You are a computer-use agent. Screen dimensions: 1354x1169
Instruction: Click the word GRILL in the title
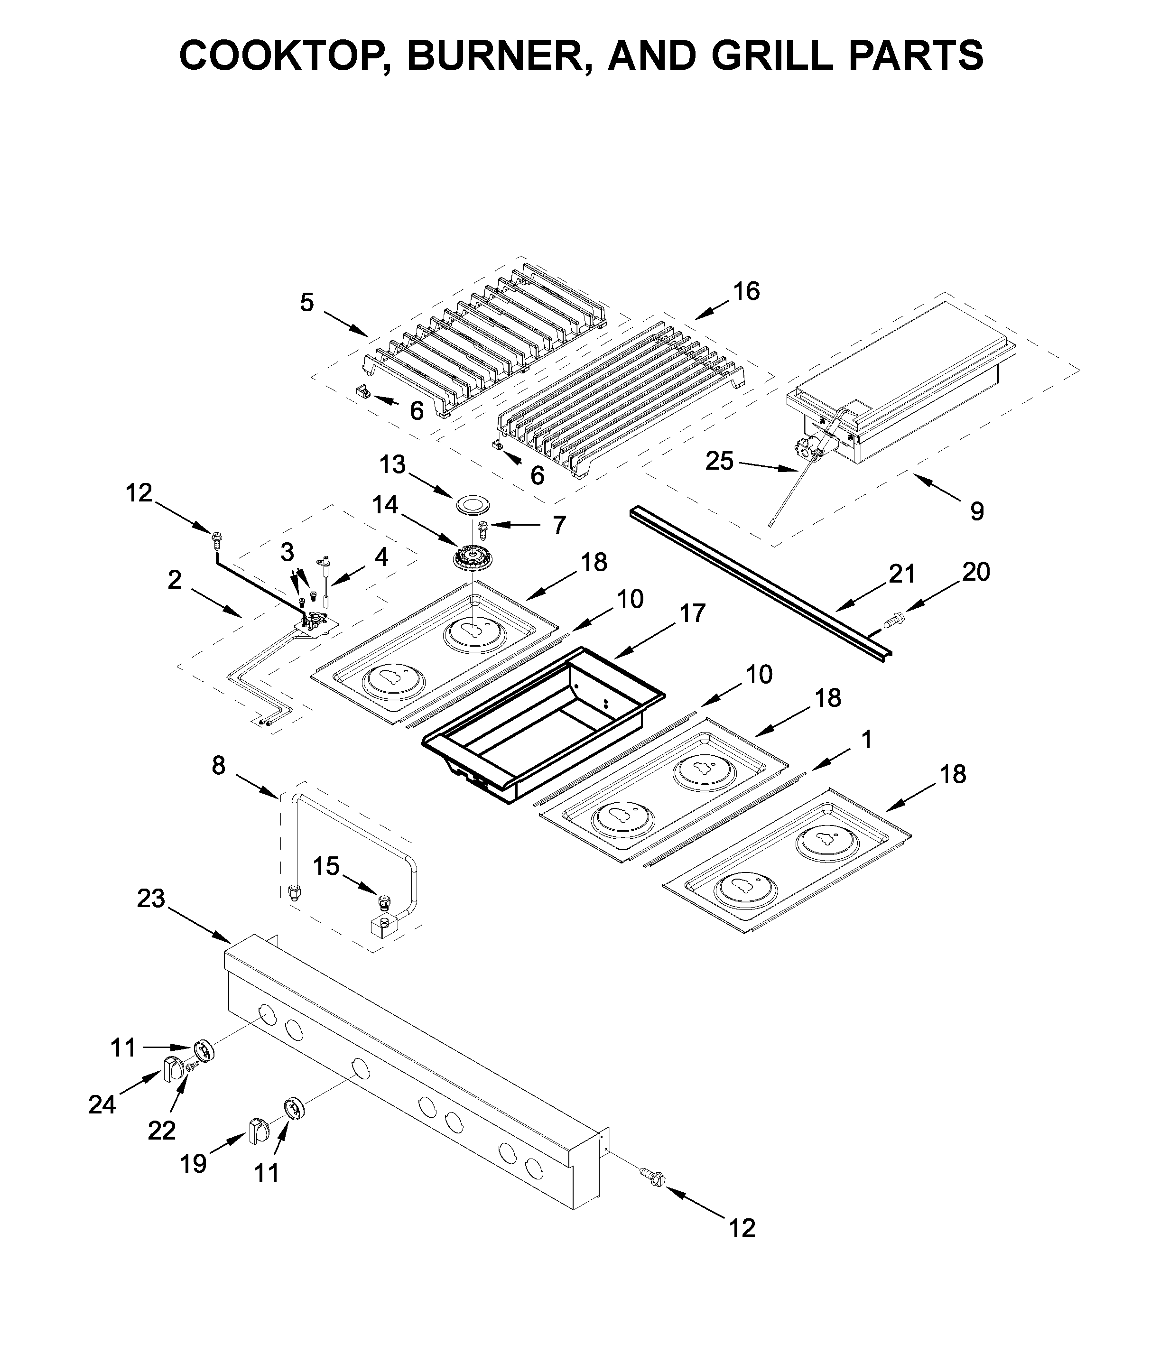[772, 55]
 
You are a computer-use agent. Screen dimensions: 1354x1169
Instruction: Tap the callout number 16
[746, 291]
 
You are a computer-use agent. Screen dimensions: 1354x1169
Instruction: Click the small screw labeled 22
[192, 1066]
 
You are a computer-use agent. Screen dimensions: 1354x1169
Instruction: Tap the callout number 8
[218, 765]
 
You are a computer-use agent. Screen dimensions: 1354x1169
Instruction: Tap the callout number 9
[976, 510]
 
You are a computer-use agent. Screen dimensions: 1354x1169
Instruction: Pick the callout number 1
[866, 740]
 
